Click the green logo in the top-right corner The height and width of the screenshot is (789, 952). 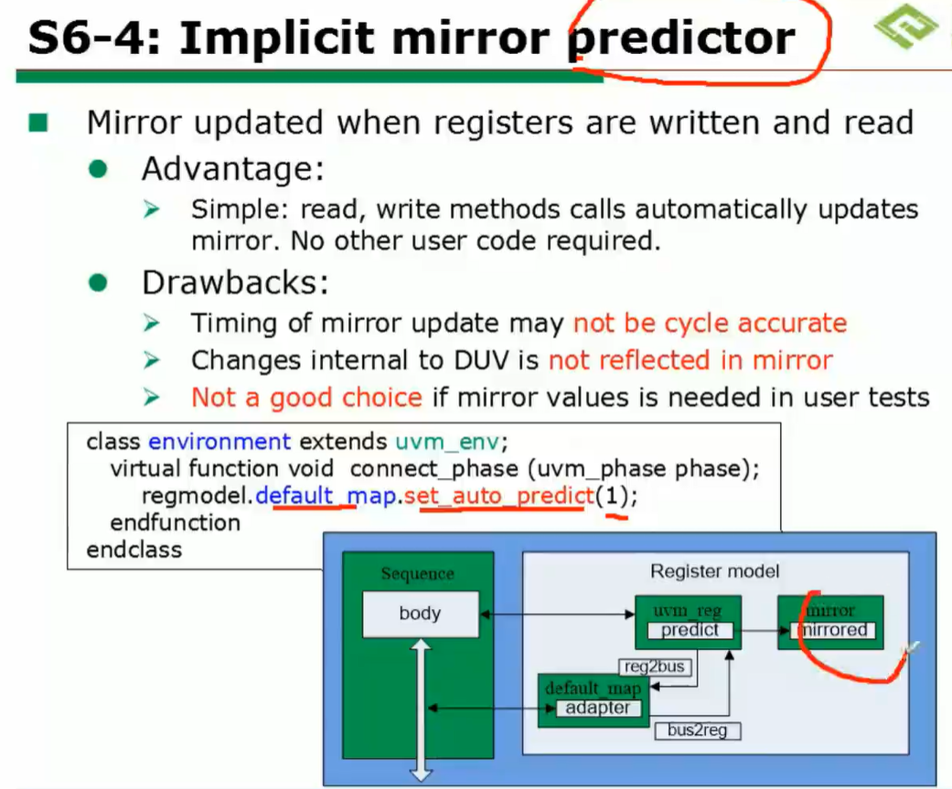pos(906,27)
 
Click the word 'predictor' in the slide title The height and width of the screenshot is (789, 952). pos(681,38)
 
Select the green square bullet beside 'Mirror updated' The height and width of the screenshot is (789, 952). pos(38,123)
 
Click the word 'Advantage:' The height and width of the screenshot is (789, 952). pos(233,169)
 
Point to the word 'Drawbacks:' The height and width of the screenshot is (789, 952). pos(235,283)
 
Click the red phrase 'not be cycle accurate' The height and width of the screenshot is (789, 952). pos(710,323)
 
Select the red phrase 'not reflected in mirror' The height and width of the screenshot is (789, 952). pos(690,360)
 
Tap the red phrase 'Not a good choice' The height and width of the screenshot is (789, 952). pos(306,398)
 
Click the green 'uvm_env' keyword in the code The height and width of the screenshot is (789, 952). pos(447,442)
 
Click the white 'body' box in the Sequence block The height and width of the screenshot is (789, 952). pos(420,613)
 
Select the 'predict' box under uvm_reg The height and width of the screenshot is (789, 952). pos(690,630)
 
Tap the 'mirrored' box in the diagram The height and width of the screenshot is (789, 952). pos(833,630)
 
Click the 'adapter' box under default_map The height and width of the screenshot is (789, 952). pos(597,708)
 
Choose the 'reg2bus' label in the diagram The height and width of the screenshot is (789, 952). pos(655,666)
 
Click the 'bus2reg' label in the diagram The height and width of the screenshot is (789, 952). pos(697,730)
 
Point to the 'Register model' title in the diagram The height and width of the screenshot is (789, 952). pos(714,571)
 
